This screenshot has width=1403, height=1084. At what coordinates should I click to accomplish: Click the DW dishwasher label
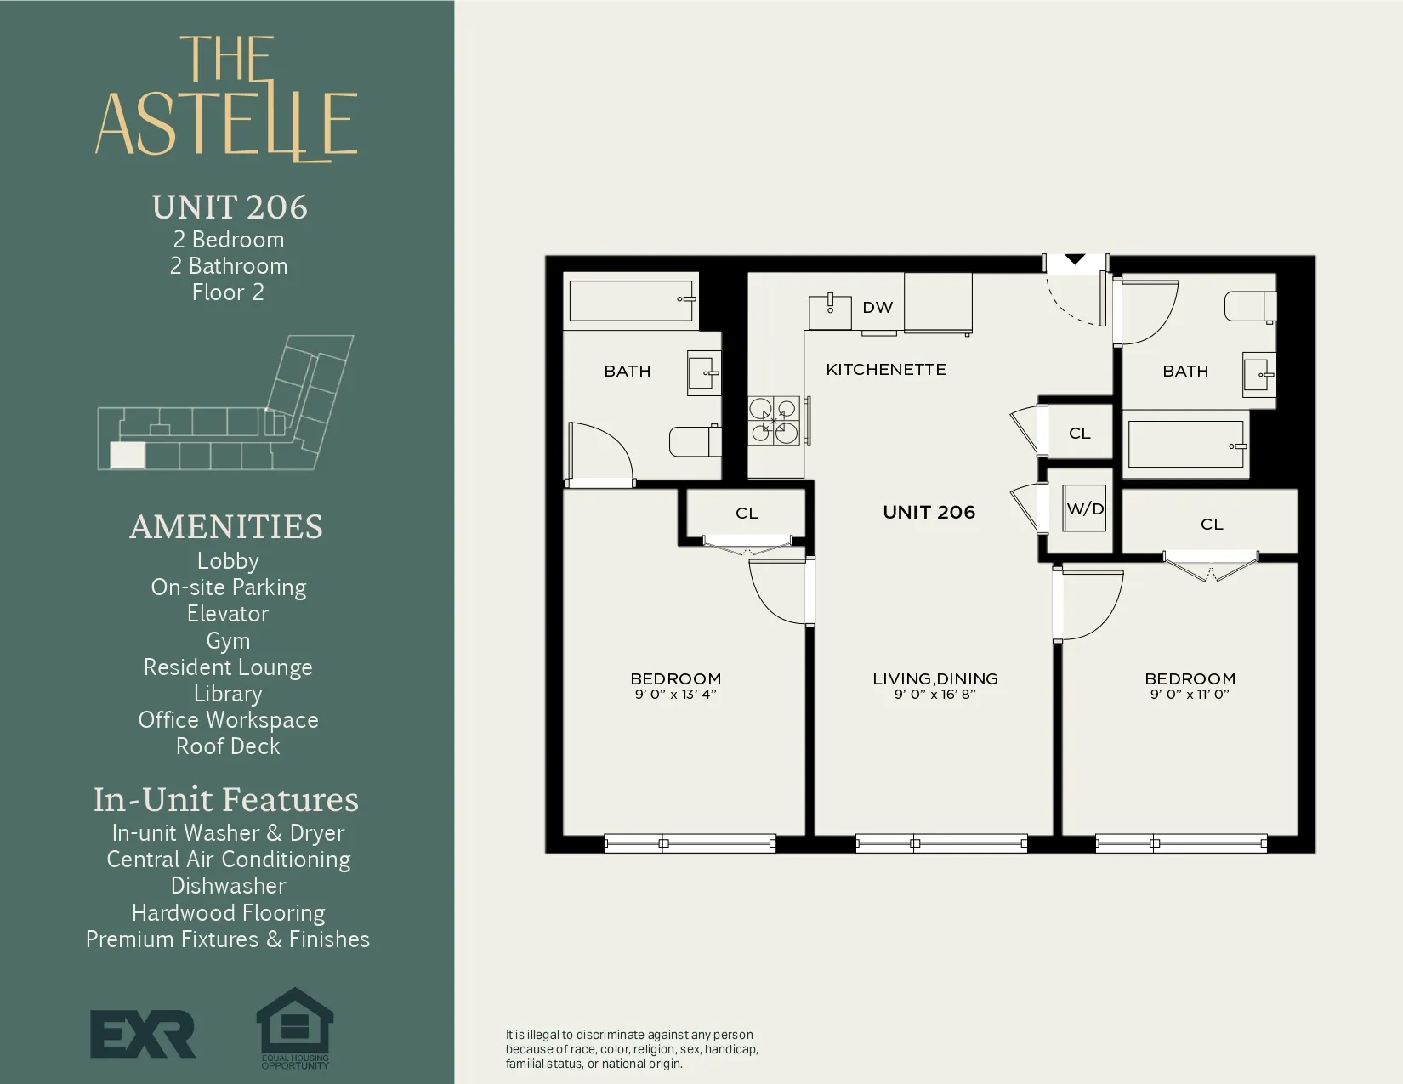(878, 308)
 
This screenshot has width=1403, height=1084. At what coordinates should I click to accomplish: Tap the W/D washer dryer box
(1084, 508)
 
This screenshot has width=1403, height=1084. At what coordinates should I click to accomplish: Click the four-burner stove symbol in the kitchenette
(774, 421)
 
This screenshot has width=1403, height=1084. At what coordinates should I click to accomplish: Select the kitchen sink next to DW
(829, 311)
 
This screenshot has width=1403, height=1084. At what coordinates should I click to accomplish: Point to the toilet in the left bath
(694, 441)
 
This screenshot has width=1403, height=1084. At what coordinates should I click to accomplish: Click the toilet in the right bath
(1248, 307)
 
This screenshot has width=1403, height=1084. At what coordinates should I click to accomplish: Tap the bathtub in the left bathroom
(631, 300)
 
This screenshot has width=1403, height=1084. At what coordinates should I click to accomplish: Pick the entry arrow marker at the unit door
(1075, 259)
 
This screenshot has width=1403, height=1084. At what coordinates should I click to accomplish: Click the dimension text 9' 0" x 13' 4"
(675, 695)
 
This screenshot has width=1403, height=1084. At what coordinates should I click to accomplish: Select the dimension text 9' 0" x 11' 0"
(1190, 695)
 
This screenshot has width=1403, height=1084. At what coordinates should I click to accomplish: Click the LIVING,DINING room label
(934, 678)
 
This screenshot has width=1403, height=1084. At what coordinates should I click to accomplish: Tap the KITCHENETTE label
(885, 370)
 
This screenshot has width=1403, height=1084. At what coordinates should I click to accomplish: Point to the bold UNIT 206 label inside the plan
(929, 512)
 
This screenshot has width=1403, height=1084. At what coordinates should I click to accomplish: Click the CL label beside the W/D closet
(1079, 434)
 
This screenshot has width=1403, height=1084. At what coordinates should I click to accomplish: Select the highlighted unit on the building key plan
(128, 456)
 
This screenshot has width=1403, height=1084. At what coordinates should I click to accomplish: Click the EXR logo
(143, 1034)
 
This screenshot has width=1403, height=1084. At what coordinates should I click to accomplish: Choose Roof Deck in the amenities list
(228, 746)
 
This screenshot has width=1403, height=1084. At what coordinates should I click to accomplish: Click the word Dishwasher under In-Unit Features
(228, 886)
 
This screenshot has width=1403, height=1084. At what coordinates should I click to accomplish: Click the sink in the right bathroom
(1258, 375)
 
